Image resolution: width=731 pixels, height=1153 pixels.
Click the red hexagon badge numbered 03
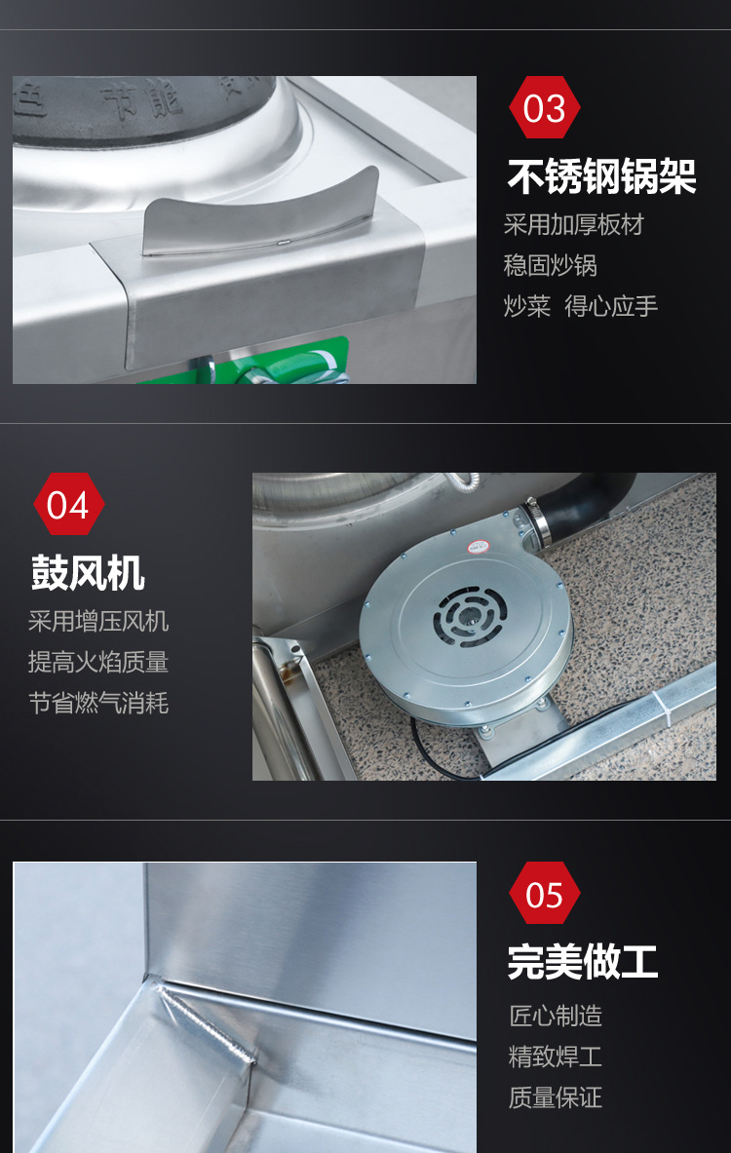click(544, 107)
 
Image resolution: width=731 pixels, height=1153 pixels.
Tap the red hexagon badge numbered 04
click(68, 505)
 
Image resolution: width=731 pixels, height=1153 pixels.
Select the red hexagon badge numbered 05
click(544, 894)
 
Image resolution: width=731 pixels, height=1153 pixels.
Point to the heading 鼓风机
click(88, 573)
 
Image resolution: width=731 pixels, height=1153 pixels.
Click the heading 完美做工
click(583, 962)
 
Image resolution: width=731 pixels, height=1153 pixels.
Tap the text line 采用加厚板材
click(574, 225)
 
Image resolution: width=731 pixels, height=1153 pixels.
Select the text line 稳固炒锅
click(550, 265)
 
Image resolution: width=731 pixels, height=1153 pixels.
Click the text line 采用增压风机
click(98, 622)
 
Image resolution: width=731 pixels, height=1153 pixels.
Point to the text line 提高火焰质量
click(98, 662)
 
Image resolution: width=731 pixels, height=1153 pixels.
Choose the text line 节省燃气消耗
click(98, 703)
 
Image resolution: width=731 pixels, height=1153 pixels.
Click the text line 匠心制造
click(556, 1017)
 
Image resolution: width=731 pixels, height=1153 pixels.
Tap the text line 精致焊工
click(556, 1057)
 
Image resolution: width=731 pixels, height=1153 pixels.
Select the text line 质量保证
click(556, 1097)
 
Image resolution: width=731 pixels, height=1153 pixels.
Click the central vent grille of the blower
click(470, 616)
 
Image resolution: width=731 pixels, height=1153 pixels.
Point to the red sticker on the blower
click(479, 547)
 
